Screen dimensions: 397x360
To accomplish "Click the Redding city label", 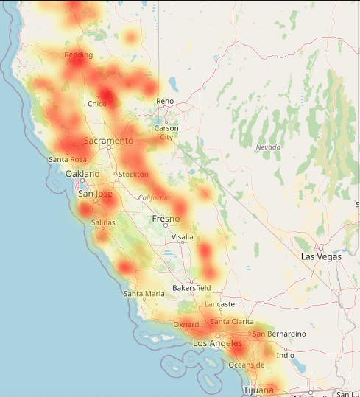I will tap(79, 55).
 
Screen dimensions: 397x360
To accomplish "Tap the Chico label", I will tap(97, 104).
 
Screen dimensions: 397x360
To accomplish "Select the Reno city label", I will tap(165, 101).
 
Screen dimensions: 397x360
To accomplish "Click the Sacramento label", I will tap(108, 140).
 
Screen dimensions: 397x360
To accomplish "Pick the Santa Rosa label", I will tap(68, 159).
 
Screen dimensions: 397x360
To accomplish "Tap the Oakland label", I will tap(82, 174).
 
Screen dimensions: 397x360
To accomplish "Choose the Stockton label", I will tap(133, 174).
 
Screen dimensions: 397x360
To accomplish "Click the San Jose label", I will tap(96, 194).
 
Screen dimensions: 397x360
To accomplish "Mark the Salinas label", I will tap(103, 222).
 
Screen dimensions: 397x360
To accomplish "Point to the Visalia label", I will tap(182, 237).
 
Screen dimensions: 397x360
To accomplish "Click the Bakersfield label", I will tap(192, 287).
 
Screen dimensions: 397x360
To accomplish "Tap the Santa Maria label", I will tap(144, 293).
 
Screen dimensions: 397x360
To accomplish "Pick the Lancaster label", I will tap(222, 303).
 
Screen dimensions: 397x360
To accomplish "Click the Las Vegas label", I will tap(322, 256).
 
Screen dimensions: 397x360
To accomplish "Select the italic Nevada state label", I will tap(269, 147).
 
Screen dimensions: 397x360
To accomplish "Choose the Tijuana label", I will tap(258, 389).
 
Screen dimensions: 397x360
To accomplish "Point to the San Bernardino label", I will tap(279, 334).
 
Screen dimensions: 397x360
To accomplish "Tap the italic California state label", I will tap(155, 197).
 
